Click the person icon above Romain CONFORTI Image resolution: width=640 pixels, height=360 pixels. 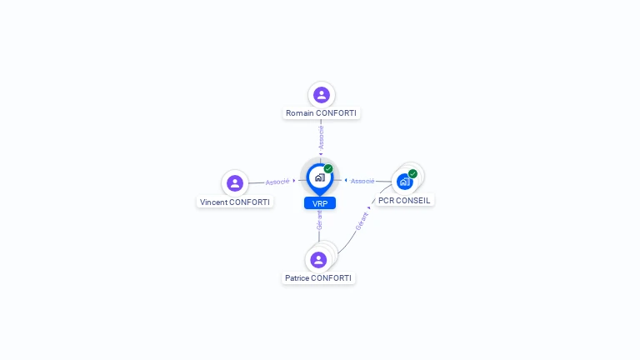(x=321, y=95)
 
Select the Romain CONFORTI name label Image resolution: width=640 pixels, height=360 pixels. (x=321, y=112)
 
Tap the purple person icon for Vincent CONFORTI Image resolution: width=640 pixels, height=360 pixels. (x=235, y=183)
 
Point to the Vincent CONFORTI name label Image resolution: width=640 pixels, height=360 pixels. (x=235, y=202)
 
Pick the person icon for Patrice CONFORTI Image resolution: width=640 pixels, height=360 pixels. (x=318, y=260)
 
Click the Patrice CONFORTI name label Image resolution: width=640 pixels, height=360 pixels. (x=318, y=278)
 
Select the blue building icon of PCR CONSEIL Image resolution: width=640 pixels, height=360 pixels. (x=404, y=181)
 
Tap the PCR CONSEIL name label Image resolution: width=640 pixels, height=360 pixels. (x=404, y=200)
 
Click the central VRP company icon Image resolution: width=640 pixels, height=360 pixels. (x=319, y=177)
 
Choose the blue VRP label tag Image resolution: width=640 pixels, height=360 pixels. (x=320, y=202)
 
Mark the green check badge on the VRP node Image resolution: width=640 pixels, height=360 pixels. (x=328, y=169)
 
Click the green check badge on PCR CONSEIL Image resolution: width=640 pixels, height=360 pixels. (x=412, y=174)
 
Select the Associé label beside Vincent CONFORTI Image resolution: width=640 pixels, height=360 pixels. (x=277, y=181)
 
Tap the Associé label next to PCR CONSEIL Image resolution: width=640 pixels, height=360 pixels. (x=362, y=181)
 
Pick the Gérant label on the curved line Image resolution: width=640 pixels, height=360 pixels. (x=362, y=221)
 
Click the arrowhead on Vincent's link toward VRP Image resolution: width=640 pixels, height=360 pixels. (x=294, y=180)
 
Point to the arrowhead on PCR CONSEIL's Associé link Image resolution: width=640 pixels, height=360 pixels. (x=346, y=180)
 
